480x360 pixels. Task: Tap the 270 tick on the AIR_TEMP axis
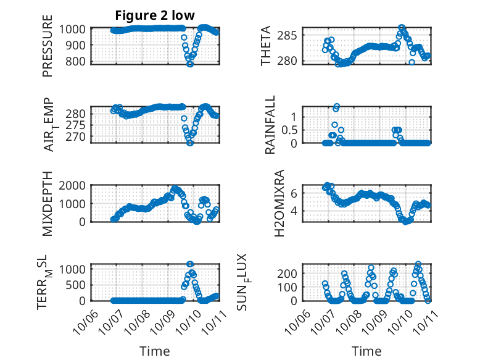[78, 136]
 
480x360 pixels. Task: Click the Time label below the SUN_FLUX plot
[366, 351]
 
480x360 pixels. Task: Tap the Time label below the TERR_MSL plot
[154, 351]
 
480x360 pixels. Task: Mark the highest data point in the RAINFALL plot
[336, 107]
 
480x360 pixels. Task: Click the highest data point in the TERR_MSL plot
[190, 264]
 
